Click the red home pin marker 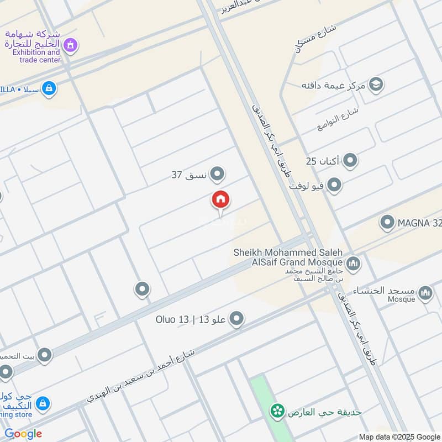[220, 199]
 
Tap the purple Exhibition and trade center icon [70, 44]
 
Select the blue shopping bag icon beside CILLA [49, 88]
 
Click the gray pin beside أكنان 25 [350, 161]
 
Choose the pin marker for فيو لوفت [334, 185]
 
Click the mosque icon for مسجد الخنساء [425, 292]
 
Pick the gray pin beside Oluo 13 [236, 319]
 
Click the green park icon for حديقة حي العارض [277, 411]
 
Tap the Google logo [23, 434]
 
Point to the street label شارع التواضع [338, 119]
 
